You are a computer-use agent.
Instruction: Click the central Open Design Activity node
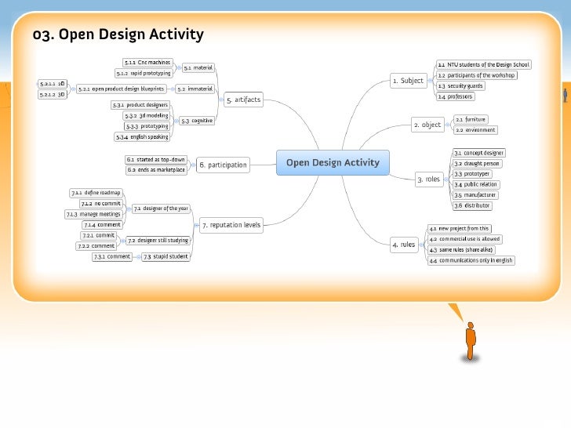332,163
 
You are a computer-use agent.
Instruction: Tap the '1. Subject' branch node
407,81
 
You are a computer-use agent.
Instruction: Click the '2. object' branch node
427,125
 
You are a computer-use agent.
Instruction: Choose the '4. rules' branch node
403,245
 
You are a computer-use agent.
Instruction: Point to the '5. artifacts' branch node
243,100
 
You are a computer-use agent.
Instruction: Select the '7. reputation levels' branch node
231,225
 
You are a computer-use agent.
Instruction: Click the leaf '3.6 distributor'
472,205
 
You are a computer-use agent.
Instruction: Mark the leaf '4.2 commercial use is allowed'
464,239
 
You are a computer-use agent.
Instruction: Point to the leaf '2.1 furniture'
471,119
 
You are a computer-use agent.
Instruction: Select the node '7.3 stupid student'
165,256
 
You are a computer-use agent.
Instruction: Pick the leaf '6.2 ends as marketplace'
156,169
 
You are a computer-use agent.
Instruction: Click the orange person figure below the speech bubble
471,342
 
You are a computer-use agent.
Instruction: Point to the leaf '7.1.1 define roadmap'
96,192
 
